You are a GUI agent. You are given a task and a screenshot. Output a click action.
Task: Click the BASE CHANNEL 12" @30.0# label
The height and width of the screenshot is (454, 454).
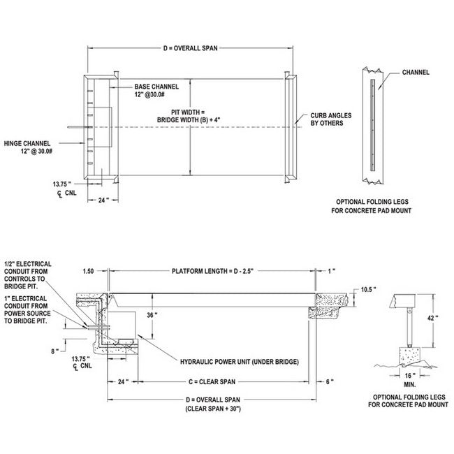156,91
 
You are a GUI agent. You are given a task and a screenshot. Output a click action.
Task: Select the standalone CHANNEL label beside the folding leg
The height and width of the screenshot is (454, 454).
416,72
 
